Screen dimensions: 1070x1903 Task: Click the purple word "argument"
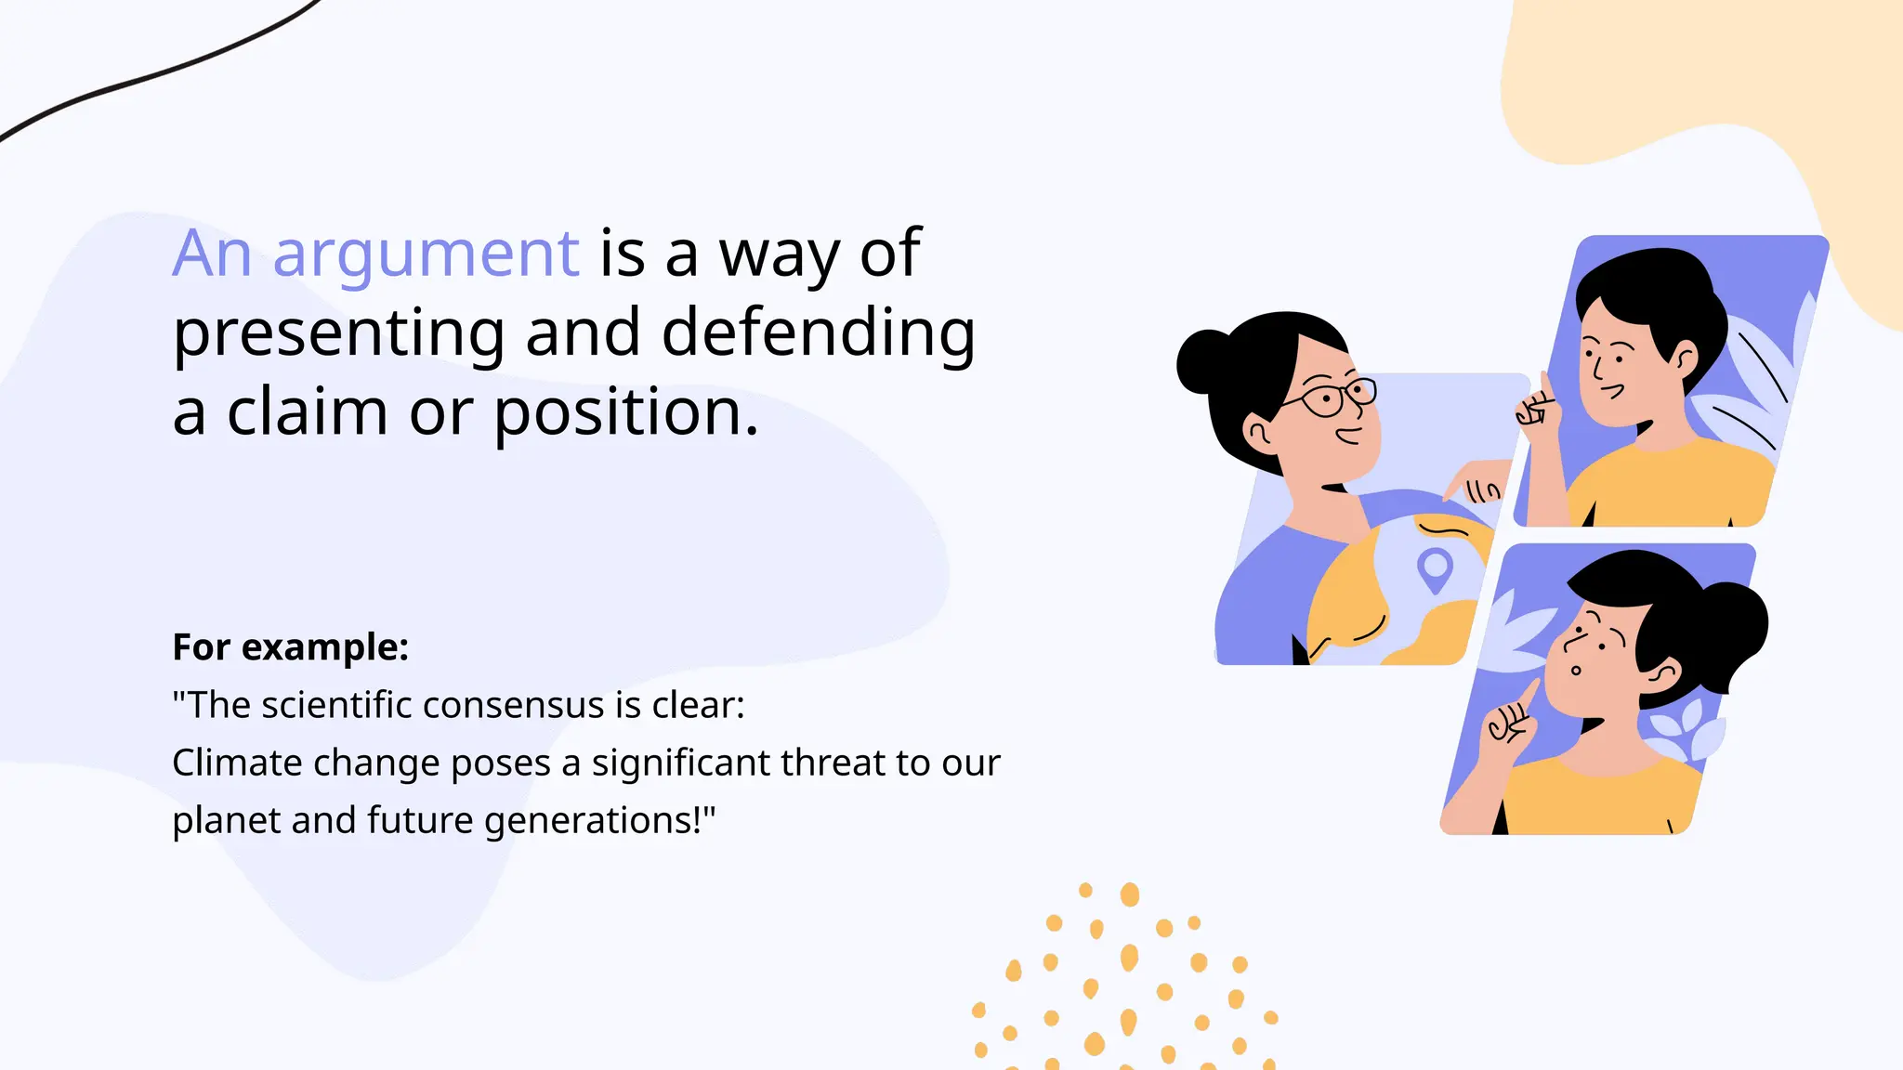point(426,254)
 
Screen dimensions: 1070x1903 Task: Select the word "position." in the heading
point(625,412)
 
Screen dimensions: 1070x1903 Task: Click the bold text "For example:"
point(291,647)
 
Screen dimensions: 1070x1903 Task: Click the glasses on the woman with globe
point(1336,397)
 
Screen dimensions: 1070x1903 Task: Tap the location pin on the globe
point(1435,568)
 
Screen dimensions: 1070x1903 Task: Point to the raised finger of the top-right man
point(1544,385)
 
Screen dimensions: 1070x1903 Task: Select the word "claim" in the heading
point(308,412)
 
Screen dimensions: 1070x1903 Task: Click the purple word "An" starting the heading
point(212,254)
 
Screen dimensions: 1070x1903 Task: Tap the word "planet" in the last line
point(225,821)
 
